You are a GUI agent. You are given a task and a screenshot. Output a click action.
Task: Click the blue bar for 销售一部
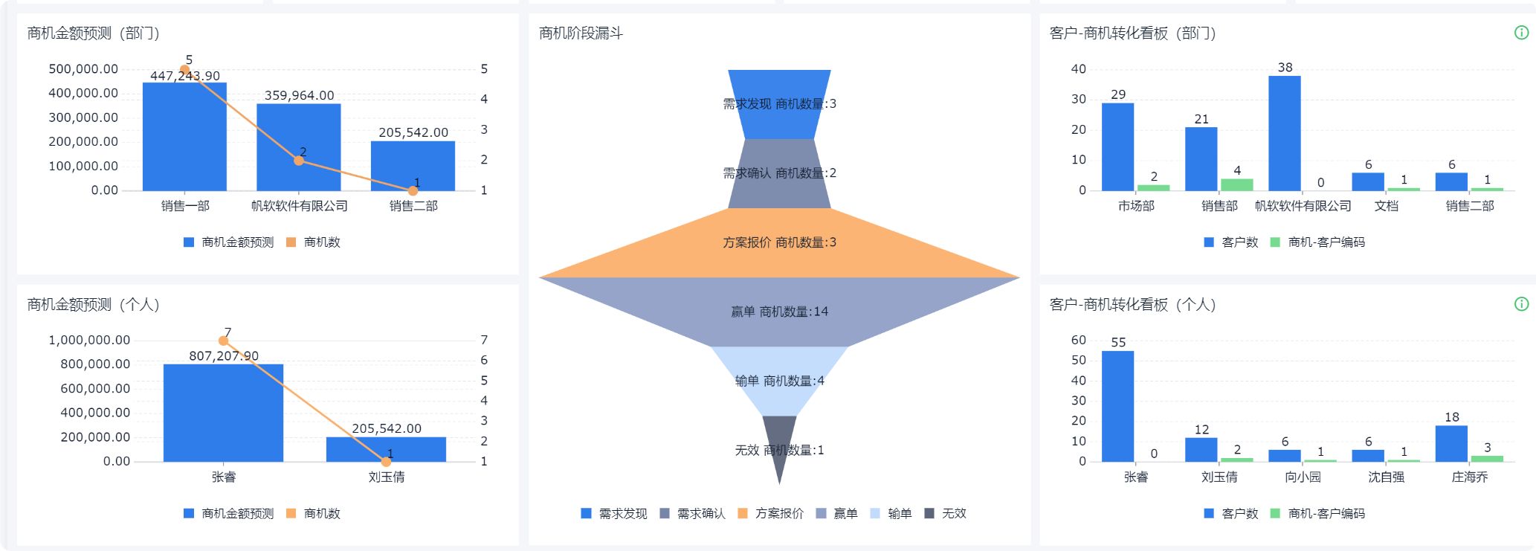pos(184,138)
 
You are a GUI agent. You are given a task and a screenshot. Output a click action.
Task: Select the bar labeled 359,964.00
pos(299,148)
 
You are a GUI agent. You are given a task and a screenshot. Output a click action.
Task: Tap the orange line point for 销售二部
pos(413,191)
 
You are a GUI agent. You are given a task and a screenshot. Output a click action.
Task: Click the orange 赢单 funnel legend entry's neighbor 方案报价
pos(772,514)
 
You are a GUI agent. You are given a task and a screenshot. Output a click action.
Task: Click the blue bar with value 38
pos(1284,134)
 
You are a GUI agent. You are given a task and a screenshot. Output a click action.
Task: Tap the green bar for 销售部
pos(1236,184)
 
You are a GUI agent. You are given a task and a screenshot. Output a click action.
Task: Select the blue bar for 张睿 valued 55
pos(1117,406)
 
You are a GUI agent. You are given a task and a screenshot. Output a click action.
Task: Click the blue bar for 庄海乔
pos(1451,444)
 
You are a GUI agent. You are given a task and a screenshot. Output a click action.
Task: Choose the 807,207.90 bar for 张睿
pos(223,413)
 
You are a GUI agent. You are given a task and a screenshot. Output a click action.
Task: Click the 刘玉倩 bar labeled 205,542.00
pos(386,449)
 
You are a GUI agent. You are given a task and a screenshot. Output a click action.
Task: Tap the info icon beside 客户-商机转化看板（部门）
pos(1521,33)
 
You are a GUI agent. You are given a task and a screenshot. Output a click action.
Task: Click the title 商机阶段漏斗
pos(581,33)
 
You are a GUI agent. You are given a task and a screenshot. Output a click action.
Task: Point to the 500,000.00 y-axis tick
pos(83,69)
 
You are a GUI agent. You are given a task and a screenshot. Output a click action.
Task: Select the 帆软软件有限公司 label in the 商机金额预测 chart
pos(299,206)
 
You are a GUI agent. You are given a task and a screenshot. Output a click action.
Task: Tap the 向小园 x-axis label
pos(1303,477)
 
